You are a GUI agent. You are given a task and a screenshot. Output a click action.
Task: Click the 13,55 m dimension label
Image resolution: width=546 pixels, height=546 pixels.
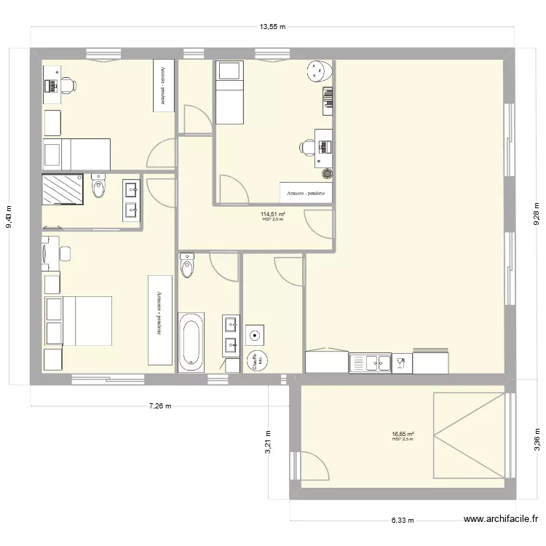tap(272, 27)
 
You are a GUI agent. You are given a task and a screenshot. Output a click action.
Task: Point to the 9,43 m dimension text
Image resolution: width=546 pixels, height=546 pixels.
tap(9, 216)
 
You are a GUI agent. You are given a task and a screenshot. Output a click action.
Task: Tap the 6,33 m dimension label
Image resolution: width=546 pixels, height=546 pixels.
tap(402, 521)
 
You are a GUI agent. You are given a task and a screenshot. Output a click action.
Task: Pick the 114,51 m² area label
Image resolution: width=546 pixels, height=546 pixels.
tap(272, 214)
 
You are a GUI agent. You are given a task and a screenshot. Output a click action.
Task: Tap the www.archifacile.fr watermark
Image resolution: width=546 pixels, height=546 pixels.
tap(501, 519)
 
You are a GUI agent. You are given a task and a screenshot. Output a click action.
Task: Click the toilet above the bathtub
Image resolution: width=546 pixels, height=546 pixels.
tap(188, 268)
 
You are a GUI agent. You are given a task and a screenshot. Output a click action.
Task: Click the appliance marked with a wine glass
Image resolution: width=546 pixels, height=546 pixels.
tap(400, 362)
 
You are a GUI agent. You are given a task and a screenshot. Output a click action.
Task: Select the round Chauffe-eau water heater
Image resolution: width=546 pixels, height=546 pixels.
tap(254, 360)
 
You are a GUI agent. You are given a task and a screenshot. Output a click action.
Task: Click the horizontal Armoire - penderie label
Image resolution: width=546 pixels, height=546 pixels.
tap(306, 193)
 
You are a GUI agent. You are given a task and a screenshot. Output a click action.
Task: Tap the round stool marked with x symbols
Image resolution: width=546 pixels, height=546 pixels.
tap(316, 71)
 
